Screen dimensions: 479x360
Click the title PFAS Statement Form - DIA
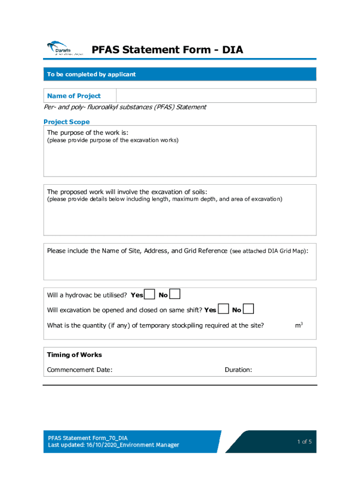[x=167, y=50]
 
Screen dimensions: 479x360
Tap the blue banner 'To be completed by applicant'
[x=91, y=74]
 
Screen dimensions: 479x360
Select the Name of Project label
[x=74, y=96]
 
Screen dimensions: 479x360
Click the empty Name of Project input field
[x=216, y=96]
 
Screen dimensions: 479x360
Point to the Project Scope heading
[x=66, y=122]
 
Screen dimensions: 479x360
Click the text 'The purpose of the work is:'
[x=87, y=132]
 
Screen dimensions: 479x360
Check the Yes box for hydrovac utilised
[x=150, y=294]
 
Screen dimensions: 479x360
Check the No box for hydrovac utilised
[x=174, y=294]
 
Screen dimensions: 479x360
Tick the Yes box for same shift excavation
[x=224, y=309]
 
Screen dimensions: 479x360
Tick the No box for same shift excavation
[x=249, y=309]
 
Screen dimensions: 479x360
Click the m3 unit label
[x=299, y=325]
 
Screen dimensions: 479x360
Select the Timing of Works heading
[x=74, y=355]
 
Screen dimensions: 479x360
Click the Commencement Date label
[x=79, y=370]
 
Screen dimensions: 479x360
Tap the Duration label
[x=238, y=370]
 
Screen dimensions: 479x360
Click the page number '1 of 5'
[x=304, y=442]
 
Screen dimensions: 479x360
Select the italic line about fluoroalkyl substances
[x=125, y=107]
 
